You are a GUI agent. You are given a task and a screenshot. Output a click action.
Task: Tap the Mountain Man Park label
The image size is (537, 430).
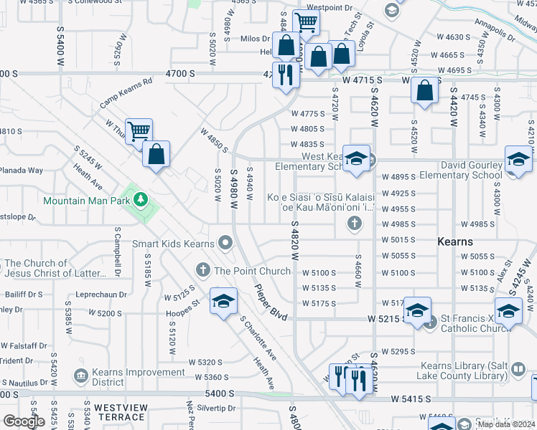[x=86, y=200]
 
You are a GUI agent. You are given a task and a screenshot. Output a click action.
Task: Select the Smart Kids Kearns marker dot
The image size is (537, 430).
[x=226, y=244]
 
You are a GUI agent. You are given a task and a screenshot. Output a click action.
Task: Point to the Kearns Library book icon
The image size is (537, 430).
[x=518, y=370]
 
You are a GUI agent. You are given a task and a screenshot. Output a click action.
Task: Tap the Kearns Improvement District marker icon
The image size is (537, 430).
[x=80, y=375]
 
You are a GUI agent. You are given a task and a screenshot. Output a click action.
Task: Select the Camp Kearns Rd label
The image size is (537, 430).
[x=126, y=93]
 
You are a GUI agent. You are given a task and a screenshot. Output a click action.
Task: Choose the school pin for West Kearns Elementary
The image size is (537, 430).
[x=355, y=160]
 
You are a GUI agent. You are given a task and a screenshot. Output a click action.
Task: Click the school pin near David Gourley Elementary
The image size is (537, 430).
[x=518, y=160]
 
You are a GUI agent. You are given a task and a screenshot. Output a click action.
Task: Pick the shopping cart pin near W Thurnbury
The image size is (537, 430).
[x=139, y=132]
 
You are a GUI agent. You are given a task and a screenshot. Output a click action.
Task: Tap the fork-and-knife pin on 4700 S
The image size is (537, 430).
[x=286, y=75]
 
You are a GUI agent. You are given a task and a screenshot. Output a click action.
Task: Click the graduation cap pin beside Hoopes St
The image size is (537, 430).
[x=223, y=302]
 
